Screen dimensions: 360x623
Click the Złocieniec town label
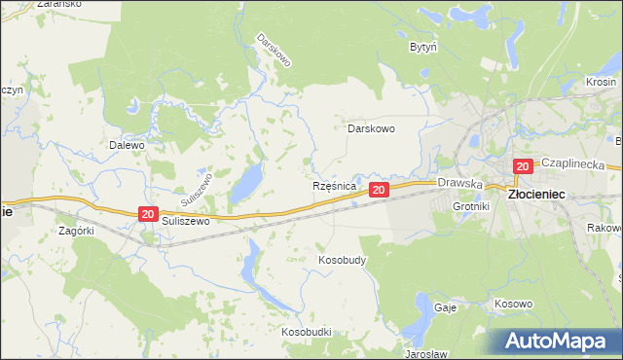coord(539,195)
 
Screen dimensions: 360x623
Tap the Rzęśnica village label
coord(335,185)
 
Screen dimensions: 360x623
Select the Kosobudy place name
coord(342,261)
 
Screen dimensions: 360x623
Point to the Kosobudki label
coord(307,332)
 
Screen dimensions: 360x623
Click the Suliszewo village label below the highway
coord(187,221)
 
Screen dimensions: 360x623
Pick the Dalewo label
coord(127,145)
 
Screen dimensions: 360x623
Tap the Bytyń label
coord(422,46)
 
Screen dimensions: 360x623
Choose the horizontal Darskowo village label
coord(371,127)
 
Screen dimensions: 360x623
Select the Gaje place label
coord(446,306)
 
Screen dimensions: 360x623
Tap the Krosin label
coord(603,83)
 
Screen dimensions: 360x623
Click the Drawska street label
coord(460,182)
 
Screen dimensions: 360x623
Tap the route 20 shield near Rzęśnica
coord(380,189)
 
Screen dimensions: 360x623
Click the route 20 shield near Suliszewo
coord(147,214)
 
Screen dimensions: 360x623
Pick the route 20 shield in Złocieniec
coord(523,166)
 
